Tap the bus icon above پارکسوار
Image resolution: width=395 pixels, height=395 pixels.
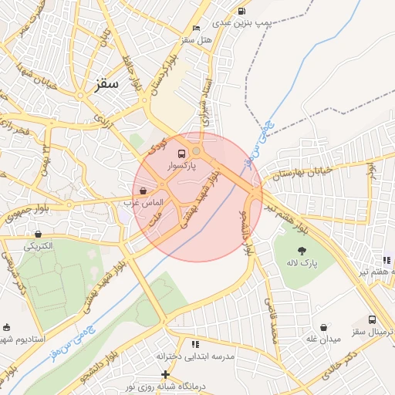[181, 154]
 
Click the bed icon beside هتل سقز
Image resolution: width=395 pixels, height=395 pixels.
[196, 29]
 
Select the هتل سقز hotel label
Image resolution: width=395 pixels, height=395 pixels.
[176, 39]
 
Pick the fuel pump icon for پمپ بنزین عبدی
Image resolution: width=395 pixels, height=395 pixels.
[242, 12]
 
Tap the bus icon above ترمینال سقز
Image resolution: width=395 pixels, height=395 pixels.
[373, 319]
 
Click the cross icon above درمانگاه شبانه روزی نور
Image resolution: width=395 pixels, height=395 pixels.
[165, 374]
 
